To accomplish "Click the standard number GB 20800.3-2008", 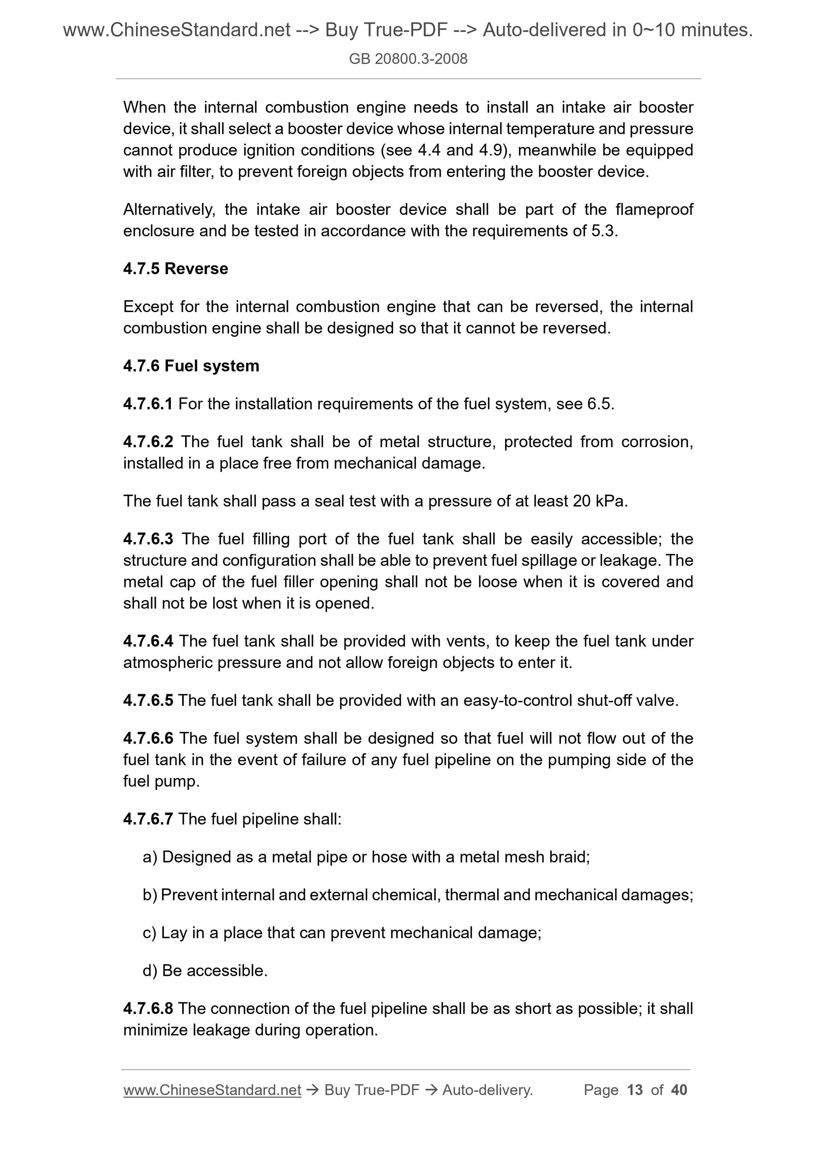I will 408,59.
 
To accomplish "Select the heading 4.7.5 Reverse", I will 175,268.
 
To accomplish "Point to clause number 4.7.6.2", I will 148,442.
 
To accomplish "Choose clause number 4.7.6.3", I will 148,539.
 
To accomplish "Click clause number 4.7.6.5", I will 148,700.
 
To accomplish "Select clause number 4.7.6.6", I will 148,738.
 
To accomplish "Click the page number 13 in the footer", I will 635,1090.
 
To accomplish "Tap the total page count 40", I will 679,1090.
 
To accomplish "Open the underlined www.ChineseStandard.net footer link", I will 212,1090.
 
